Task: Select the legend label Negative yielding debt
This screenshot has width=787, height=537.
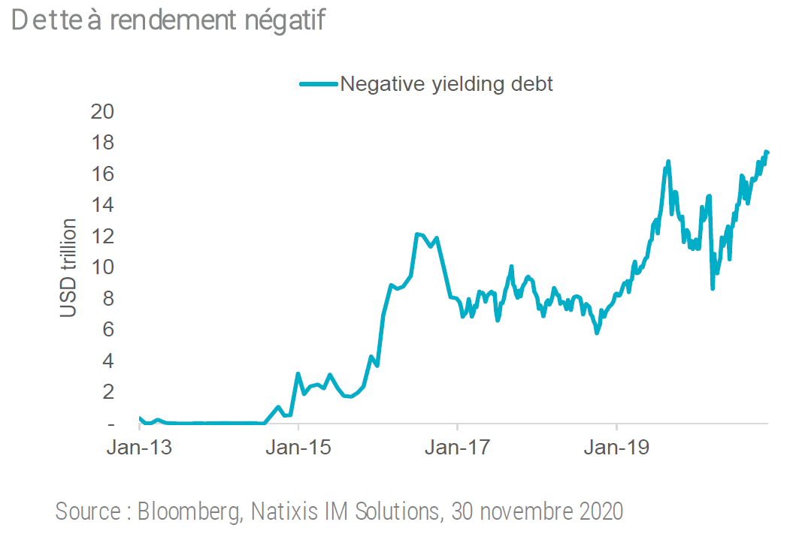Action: coord(446,83)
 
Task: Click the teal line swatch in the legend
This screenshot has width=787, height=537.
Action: coord(319,83)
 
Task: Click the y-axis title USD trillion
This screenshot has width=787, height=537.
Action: coord(69,267)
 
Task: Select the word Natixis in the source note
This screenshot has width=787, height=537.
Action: coord(281,512)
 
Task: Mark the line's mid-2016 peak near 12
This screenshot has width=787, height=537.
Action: coord(417,234)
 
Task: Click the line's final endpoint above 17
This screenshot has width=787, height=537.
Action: coord(767,152)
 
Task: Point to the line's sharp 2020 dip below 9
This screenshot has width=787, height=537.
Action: coord(713,288)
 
